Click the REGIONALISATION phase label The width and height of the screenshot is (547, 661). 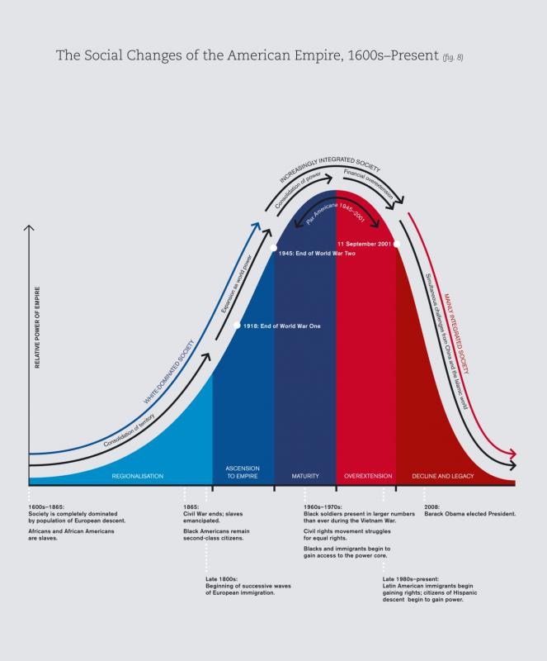click(x=138, y=476)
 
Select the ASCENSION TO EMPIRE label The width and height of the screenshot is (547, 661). click(x=243, y=473)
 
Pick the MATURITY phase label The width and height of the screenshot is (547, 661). click(x=305, y=476)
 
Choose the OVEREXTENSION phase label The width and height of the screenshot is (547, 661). click(x=365, y=476)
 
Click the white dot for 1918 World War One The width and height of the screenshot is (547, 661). click(x=238, y=326)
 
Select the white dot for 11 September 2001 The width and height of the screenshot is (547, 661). click(x=397, y=244)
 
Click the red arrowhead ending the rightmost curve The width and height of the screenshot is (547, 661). click(x=513, y=454)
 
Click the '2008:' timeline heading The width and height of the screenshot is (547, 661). click(x=431, y=505)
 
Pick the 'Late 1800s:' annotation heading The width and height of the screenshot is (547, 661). click(x=222, y=579)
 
